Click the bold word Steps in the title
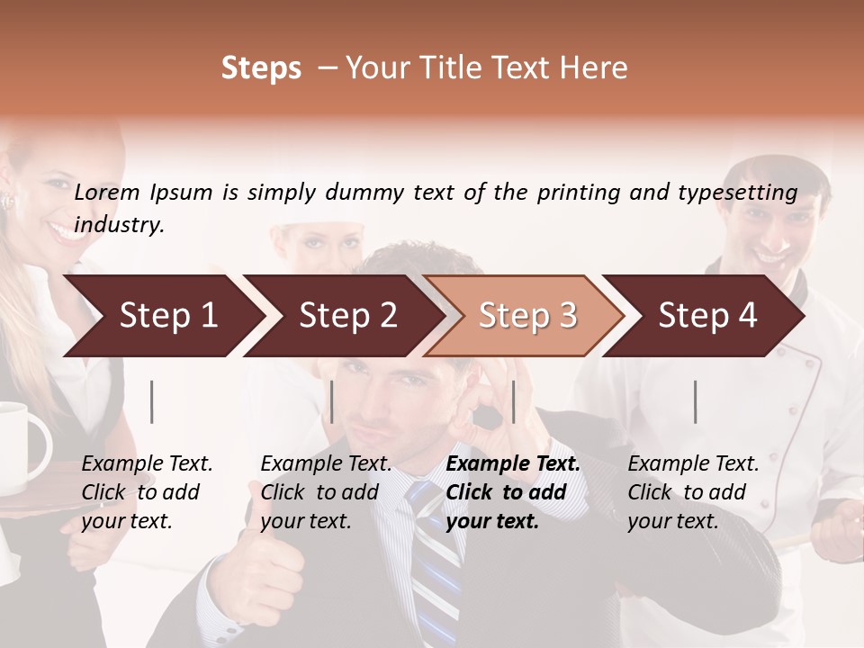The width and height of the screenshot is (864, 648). click(261, 68)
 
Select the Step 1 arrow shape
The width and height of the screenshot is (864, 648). click(162, 316)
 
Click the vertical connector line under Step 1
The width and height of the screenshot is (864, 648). click(152, 401)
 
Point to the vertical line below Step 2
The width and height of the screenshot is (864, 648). click(332, 401)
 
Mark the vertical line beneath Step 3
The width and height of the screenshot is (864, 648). click(513, 401)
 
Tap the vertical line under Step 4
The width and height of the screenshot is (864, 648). click(695, 401)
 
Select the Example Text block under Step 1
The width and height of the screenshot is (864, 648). click(147, 492)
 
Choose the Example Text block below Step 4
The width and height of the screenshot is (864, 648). click(693, 492)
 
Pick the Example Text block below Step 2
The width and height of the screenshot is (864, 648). click(326, 492)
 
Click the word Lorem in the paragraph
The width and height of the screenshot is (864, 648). click(107, 192)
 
